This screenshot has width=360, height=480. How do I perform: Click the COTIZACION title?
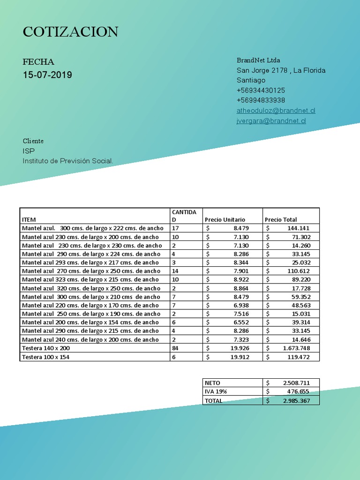[70, 32]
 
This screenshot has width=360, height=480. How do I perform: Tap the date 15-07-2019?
[47, 75]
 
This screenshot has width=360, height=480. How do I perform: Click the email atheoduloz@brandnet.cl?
[276, 111]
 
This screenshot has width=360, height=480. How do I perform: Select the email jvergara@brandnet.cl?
[271, 121]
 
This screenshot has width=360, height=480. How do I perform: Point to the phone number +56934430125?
[261, 90]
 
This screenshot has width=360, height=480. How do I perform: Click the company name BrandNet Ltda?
[258, 60]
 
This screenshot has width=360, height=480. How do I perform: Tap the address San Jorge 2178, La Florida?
[281, 70]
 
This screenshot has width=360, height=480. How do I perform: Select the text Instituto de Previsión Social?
[68, 161]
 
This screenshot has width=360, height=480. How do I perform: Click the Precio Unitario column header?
[225, 219]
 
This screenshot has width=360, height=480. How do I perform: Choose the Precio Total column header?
[281, 219]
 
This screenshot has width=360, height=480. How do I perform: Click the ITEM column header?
[29, 219]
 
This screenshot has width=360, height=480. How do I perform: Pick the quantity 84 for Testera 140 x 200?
[176, 348]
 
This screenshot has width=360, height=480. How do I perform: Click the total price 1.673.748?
[296, 348]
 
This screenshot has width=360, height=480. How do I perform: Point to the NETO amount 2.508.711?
[296, 383]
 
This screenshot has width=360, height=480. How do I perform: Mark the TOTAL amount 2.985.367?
[296, 401]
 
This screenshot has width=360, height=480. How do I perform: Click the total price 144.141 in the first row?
[299, 228]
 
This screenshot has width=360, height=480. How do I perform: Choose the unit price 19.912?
[240, 357]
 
